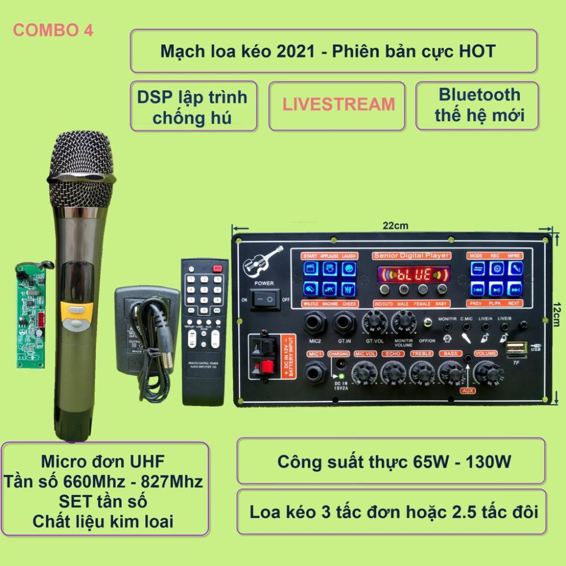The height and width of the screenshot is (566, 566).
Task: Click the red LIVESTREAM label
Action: [x=339, y=104]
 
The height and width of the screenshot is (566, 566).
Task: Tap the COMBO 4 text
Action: [x=53, y=31]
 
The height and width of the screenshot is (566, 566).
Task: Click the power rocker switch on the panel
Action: [x=265, y=298]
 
